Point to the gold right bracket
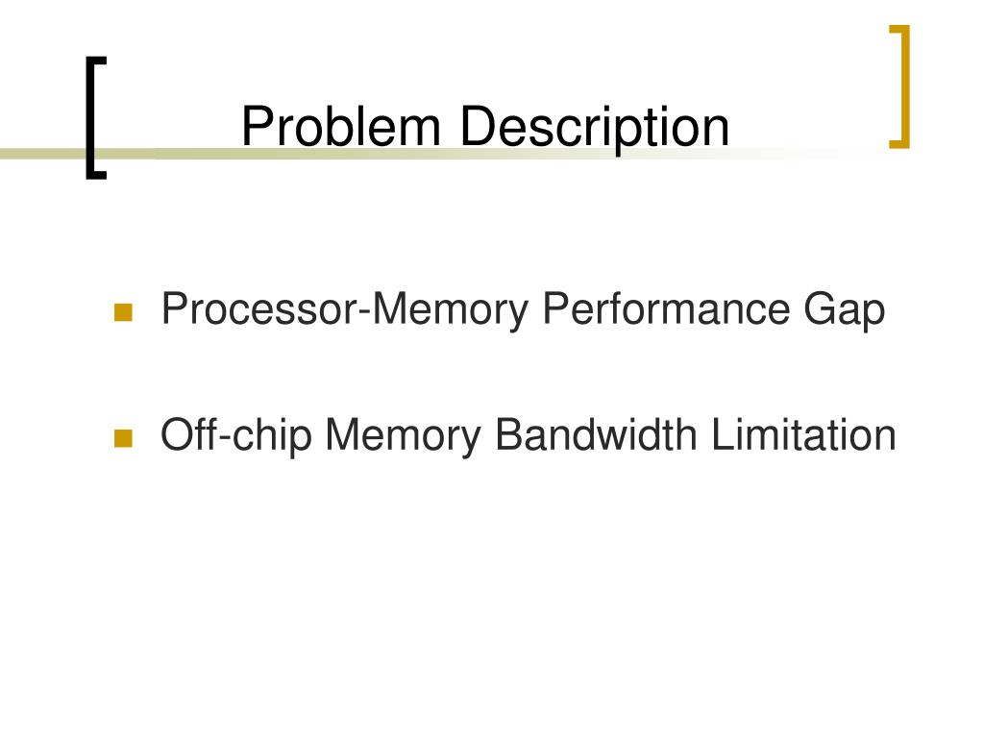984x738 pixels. [900, 86]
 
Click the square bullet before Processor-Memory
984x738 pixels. [122, 312]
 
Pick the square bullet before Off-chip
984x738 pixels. [122, 438]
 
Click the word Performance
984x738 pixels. [664, 310]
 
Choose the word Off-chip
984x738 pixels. [235, 435]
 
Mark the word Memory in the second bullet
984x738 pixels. [403, 435]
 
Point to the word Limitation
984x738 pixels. [804, 435]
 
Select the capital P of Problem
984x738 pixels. [255, 128]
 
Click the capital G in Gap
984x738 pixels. [812, 310]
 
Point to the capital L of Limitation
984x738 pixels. [721, 435]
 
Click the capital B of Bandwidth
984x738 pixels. [506, 435]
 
